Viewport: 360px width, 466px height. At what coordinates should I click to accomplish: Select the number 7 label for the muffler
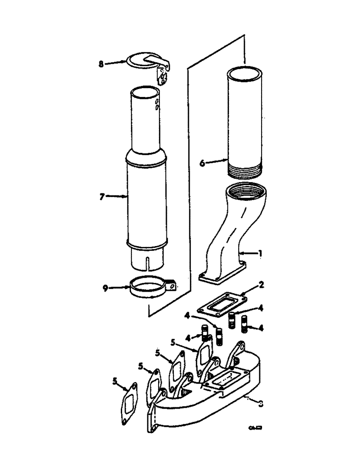click(101, 197)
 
